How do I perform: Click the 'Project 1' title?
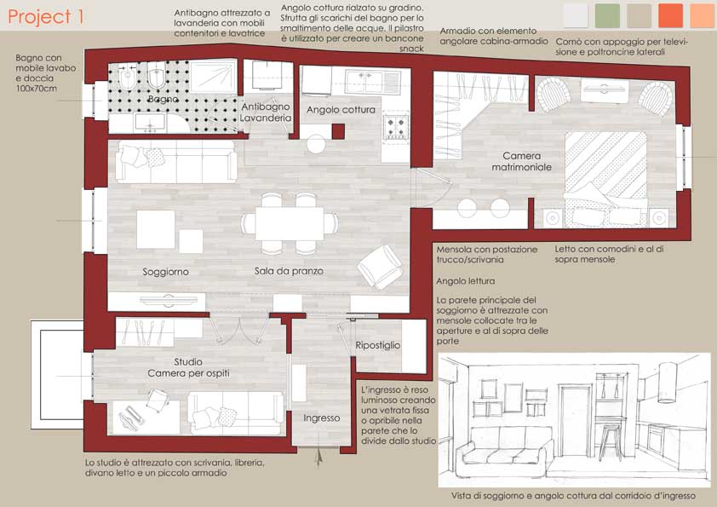[46, 16]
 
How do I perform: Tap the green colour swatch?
[607, 15]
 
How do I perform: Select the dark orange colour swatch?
[670, 15]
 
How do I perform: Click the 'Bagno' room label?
[163, 100]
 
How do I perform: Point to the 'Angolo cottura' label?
[341, 110]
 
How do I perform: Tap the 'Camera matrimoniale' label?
[522, 162]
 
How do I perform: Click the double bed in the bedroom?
[606, 180]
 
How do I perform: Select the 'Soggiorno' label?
[165, 272]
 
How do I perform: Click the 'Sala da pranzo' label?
[289, 271]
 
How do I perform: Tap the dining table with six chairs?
[290, 224]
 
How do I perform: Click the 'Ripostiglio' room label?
[378, 345]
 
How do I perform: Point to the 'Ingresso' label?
[322, 418]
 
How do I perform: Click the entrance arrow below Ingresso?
[319, 456]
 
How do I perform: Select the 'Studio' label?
[188, 361]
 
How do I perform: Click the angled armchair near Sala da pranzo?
[381, 267]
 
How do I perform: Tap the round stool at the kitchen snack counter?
[316, 144]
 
